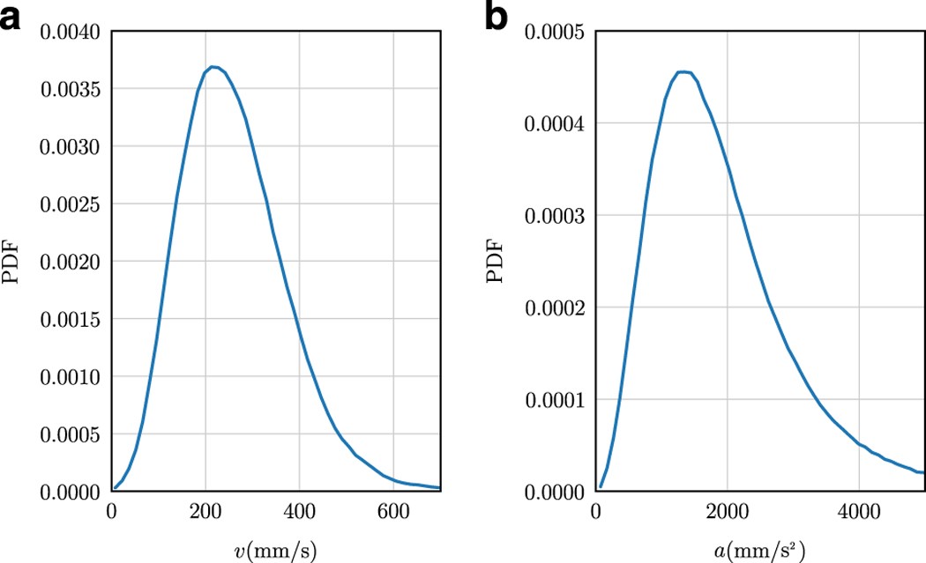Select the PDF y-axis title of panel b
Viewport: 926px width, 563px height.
pyautogui.click(x=497, y=262)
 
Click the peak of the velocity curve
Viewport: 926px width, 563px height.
pyautogui.click(x=213, y=66)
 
